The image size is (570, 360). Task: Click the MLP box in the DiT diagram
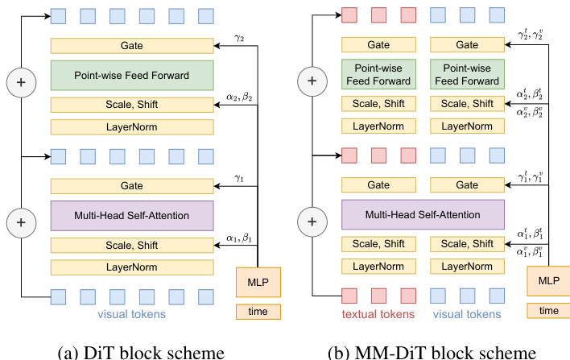pyautogui.click(x=258, y=282)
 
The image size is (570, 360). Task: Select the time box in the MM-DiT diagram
pyautogui.click(x=549, y=311)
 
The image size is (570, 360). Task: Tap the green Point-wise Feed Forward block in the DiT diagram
pyautogui.click(x=131, y=76)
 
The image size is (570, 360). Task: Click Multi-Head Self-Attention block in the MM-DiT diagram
pyautogui.click(x=422, y=215)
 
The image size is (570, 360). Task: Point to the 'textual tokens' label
pyautogui.click(x=378, y=313)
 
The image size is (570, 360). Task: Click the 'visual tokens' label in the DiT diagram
pyautogui.click(x=132, y=313)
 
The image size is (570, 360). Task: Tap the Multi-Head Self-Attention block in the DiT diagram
pyautogui.click(x=131, y=215)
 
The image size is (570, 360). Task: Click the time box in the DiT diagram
pyautogui.click(x=258, y=311)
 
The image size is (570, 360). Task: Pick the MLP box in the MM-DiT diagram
pyautogui.click(x=549, y=282)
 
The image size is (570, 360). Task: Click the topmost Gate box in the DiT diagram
pyautogui.click(x=131, y=47)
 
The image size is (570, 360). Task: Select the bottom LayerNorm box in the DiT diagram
pyautogui.click(x=131, y=266)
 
